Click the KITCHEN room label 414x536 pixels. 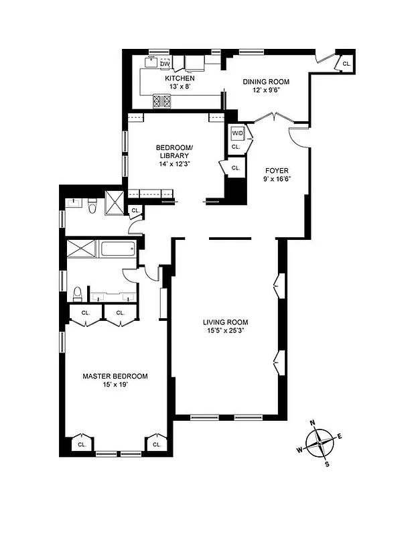click(180, 78)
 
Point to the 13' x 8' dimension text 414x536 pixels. click(180, 87)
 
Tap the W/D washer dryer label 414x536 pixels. click(236, 132)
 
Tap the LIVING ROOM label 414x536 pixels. click(226, 322)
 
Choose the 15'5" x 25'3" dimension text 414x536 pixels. click(226, 331)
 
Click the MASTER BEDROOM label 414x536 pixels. click(115, 377)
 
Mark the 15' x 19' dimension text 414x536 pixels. click(115, 385)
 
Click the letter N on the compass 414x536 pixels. click(312, 423)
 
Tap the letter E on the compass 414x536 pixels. click(340, 437)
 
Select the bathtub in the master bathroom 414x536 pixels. click(118, 251)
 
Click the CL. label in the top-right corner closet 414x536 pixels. click(346, 63)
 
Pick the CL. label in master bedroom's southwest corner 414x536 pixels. click(82, 444)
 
